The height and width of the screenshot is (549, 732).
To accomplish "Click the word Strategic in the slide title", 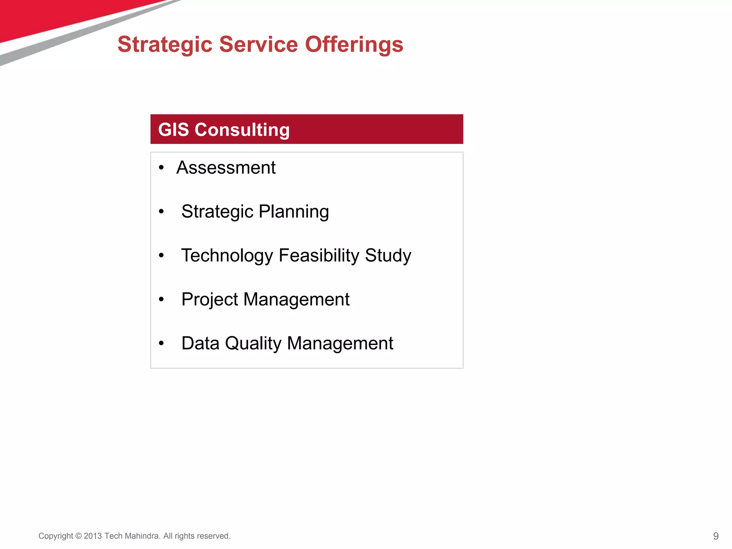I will [x=165, y=45].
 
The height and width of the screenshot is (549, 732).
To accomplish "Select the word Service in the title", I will [x=258, y=45].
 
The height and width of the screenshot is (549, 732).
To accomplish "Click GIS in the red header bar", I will [x=173, y=129].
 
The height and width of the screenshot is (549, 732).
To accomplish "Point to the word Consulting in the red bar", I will [x=242, y=130].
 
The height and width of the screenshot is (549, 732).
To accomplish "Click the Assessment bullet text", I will [x=226, y=168].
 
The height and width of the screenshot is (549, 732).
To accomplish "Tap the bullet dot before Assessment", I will [x=161, y=168].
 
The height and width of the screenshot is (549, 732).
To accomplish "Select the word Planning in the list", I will [x=294, y=212].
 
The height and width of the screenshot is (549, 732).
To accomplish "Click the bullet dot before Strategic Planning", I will [x=161, y=212].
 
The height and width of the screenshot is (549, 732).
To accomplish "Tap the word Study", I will [x=388, y=256].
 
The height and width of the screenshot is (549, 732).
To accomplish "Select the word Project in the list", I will [x=209, y=300].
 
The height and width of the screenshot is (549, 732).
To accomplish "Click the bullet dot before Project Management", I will [x=161, y=299].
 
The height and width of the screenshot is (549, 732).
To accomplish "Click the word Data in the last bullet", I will [x=200, y=343].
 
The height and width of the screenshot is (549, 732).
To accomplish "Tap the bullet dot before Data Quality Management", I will [x=161, y=343].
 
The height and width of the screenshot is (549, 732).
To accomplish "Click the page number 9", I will [x=716, y=536].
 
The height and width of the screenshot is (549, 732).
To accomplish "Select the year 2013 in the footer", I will [x=93, y=536].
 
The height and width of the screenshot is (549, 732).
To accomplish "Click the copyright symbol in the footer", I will [x=78, y=536].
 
